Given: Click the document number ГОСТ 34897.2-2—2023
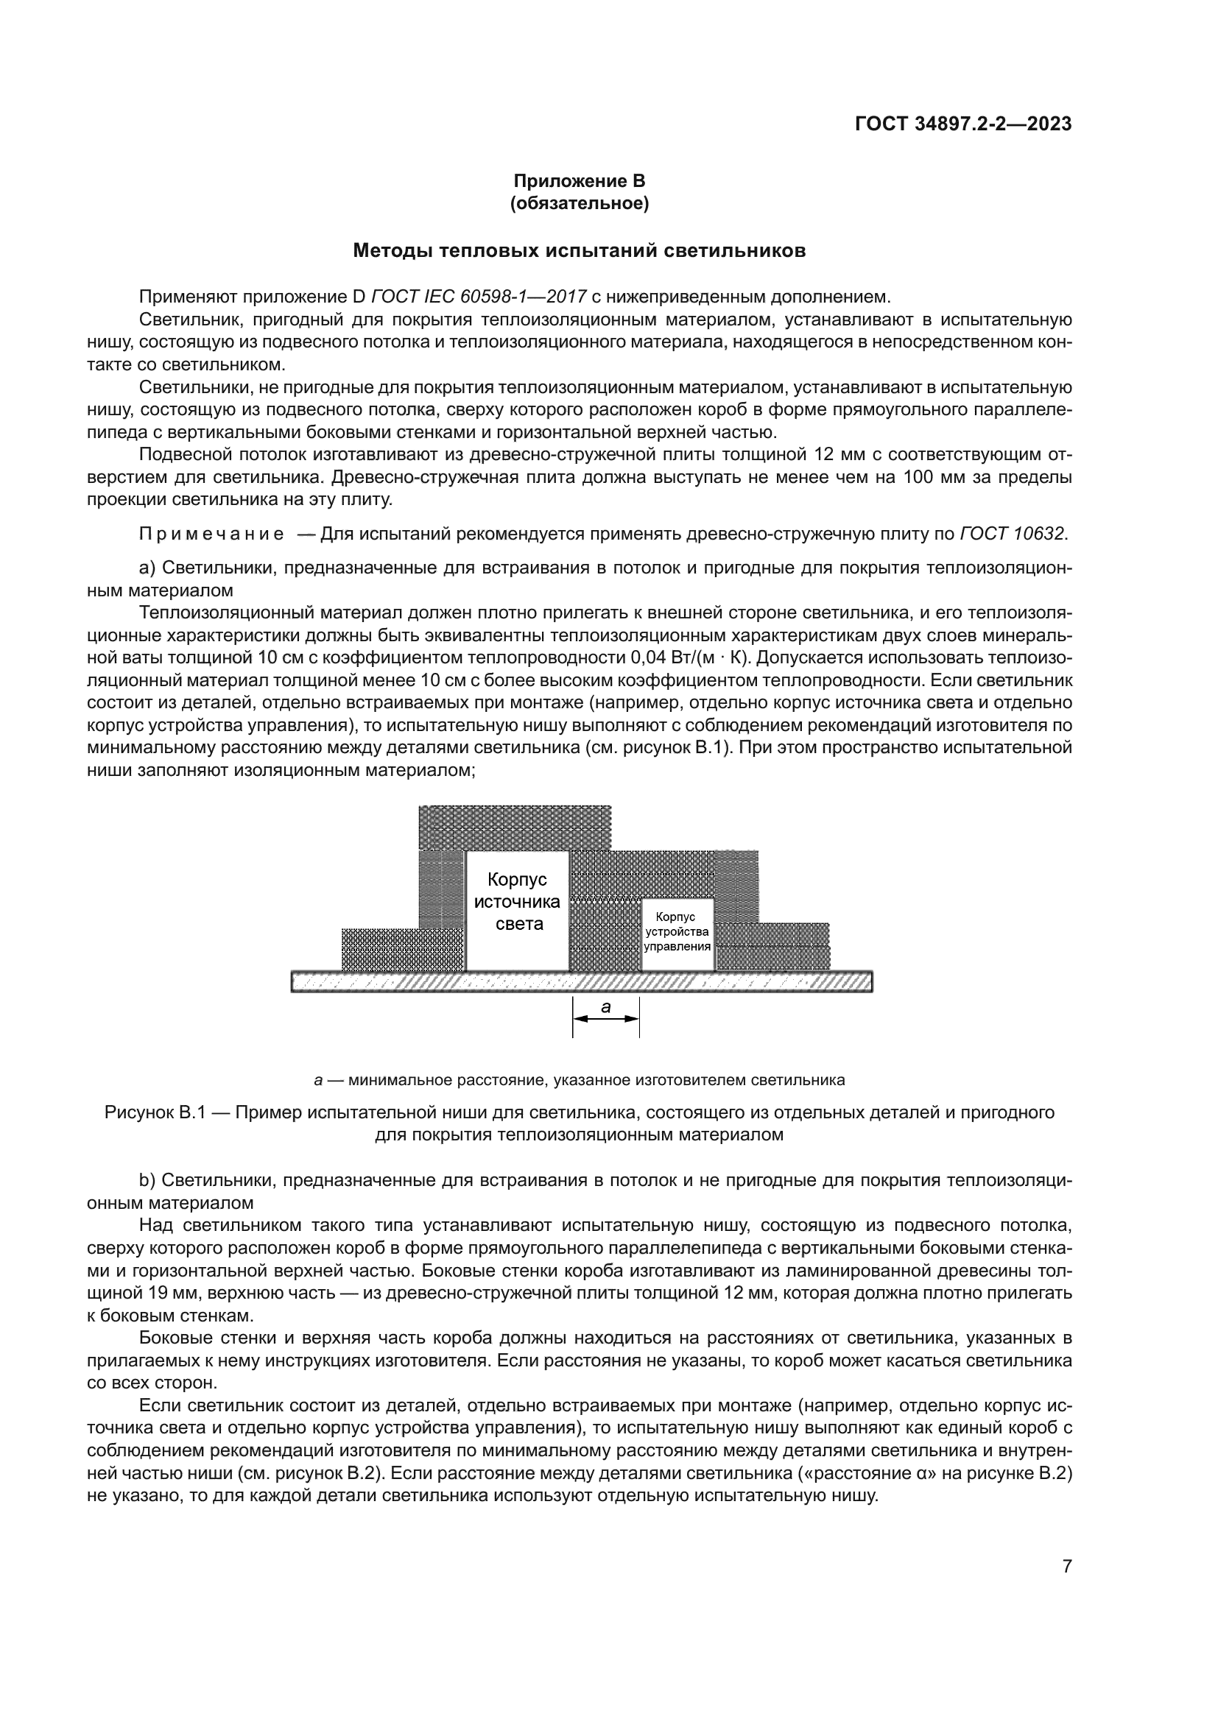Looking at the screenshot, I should pyautogui.click(x=963, y=124).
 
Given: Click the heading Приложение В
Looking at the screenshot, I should pyautogui.click(x=579, y=181).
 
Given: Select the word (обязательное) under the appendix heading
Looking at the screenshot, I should pyautogui.click(x=579, y=203).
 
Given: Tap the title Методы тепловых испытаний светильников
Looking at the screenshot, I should pyautogui.click(x=579, y=250).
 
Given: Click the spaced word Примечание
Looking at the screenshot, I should pyautogui.click(x=211, y=534).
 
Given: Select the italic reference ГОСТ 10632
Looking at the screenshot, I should pyautogui.click(x=1013, y=534).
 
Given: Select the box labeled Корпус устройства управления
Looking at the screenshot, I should pyautogui.click(x=677, y=934).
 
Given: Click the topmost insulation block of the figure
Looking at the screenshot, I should pyautogui.click(x=515, y=828).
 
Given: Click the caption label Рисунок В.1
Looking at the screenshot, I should pyautogui.click(x=155, y=1112).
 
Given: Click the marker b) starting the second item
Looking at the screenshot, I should pyautogui.click(x=147, y=1180).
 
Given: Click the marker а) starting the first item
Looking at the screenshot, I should pyautogui.click(x=147, y=568).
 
